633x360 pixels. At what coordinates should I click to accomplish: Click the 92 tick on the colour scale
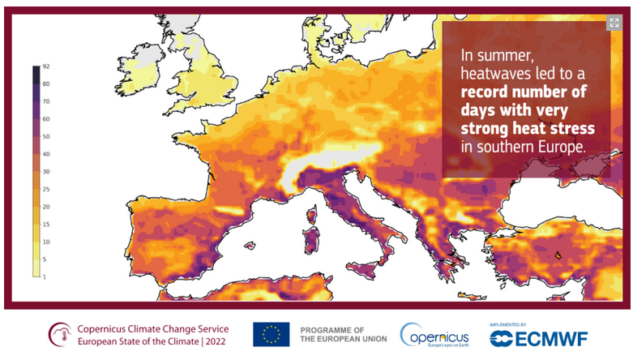point(46,66)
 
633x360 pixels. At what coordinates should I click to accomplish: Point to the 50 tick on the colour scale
point(46,136)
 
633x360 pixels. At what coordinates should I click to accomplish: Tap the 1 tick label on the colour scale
point(46,276)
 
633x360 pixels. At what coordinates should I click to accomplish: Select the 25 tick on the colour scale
point(46,189)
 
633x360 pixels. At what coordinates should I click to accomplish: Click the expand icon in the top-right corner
point(614,24)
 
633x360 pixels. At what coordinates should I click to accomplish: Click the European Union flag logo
point(271,334)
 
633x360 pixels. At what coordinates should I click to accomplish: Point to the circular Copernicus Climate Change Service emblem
point(60,334)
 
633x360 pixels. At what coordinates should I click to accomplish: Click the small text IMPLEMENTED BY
point(507,324)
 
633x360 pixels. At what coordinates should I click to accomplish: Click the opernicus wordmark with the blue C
point(435,334)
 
